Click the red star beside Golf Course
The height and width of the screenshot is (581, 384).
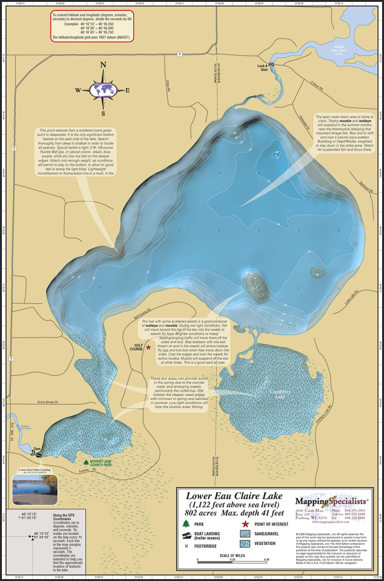(148, 347)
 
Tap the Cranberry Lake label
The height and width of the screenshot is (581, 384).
(280, 394)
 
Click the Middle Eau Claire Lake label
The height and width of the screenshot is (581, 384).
(339, 50)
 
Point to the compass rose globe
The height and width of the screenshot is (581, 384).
(103, 90)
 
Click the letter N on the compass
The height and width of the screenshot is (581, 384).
(103, 65)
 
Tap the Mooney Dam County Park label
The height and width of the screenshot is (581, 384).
(101, 463)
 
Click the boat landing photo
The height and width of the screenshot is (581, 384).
(35, 490)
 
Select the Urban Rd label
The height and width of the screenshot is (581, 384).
(168, 86)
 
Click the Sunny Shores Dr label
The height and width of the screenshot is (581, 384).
(48, 402)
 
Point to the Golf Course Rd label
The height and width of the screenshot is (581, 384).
(142, 314)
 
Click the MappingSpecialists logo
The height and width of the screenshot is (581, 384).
(331, 502)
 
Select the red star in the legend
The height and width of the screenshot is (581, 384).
(245, 524)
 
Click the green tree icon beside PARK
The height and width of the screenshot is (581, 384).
(186, 524)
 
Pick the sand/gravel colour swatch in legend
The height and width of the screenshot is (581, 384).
(245, 534)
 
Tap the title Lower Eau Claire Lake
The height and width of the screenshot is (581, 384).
(234, 496)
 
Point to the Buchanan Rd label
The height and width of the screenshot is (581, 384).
(366, 187)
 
